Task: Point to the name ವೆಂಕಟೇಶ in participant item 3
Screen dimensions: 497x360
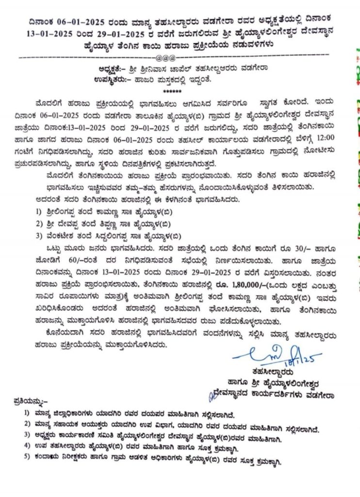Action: tap(67, 237)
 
